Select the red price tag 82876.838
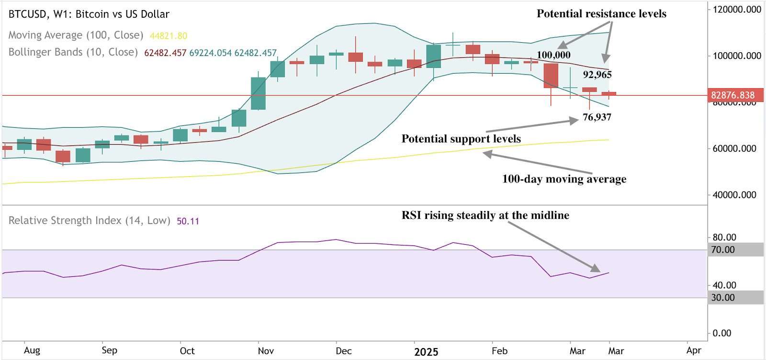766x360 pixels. (x=733, y=95)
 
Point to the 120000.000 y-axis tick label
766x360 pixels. (x=737, y=10)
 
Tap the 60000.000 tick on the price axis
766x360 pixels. (x=734, y=148)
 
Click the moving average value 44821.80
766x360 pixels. (x=169, y=36)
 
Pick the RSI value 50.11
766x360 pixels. (x=188, y=221)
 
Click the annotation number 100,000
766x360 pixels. (x=553, y=55)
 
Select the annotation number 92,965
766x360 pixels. (x=597, y=75)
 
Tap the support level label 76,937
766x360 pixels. (x=597, y=117)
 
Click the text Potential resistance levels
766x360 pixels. (x=601, y=14)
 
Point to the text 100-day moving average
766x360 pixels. (x=564, y=179)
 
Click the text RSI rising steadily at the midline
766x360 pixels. (x=485, y=215)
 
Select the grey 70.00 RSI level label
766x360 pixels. (x=723, y=249)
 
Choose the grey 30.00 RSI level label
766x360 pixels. (x=723, y=297)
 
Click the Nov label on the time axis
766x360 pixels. (x=266, y=351)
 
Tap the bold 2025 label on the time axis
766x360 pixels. (x=426, y=352)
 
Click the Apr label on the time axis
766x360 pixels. (x=693, y=350)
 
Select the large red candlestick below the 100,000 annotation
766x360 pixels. (x=551, y=76)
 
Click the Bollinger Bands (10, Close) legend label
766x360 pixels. (x=73, y=52)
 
